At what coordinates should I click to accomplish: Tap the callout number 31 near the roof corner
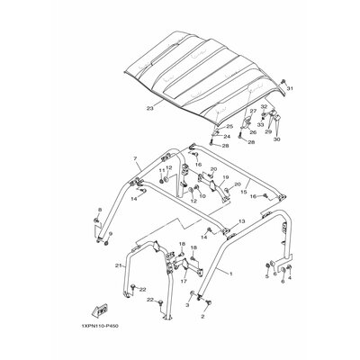click(x=290, y=90)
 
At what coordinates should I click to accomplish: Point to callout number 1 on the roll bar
click(x=231, y=273)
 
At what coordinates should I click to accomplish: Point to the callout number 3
click(x=186, y=306)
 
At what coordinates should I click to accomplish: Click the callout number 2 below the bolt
click(x=203, y=318)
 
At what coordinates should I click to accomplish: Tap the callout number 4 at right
click(x=287, y=279)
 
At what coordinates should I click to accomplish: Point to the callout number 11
click(x=162, y=169)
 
